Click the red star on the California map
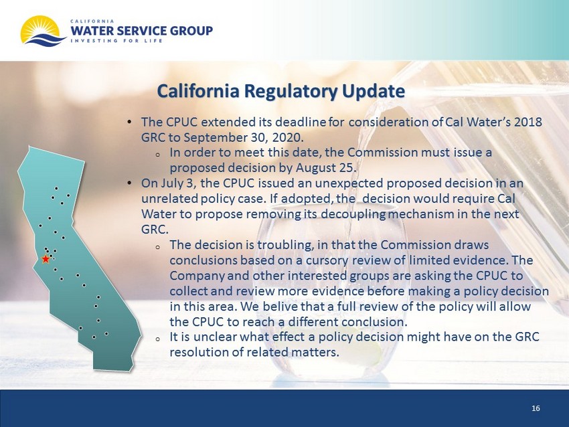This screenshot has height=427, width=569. [46, 259]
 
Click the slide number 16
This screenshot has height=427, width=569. [536, 408]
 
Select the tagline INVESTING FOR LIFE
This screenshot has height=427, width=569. [116, 41]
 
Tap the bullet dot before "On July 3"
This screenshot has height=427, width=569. [130, 183]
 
